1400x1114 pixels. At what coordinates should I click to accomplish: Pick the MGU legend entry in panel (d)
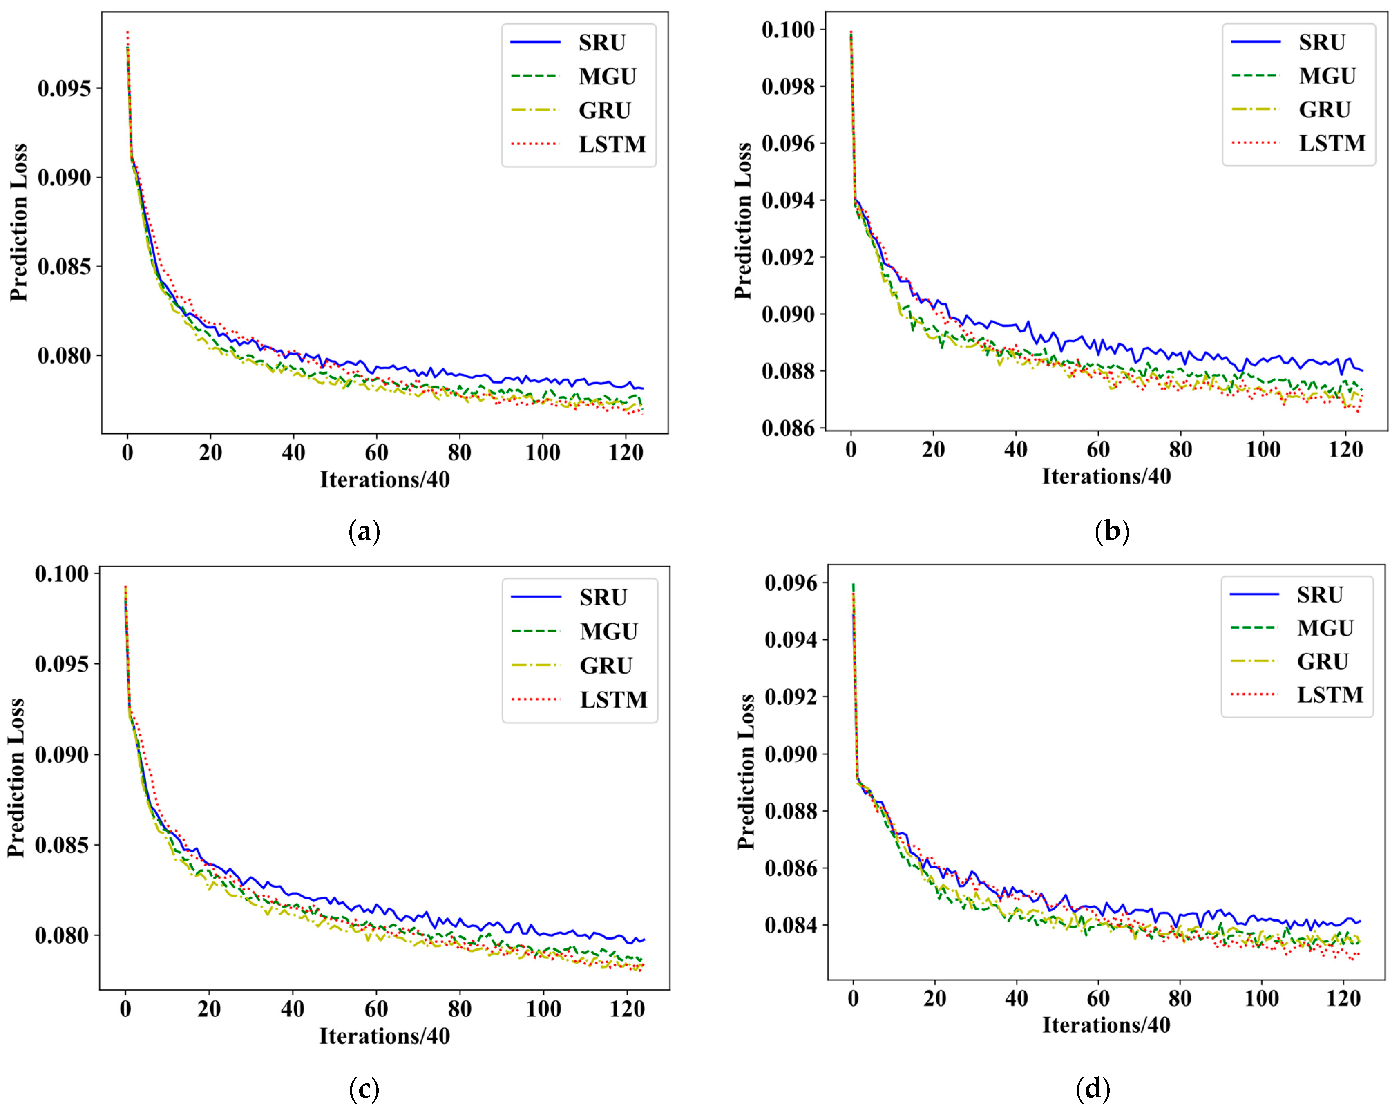point(1325,628)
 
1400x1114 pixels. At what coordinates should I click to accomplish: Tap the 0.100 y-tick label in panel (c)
point(62,574)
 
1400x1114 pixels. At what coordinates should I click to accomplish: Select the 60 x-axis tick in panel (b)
point(1098,450)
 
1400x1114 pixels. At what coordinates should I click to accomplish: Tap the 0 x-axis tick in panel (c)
point(125,1009)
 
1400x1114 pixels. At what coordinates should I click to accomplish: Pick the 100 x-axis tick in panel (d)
point(1261,998)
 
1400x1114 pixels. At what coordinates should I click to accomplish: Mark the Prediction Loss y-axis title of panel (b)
point(743,221)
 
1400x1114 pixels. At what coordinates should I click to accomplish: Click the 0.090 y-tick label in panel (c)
point(62,755)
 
